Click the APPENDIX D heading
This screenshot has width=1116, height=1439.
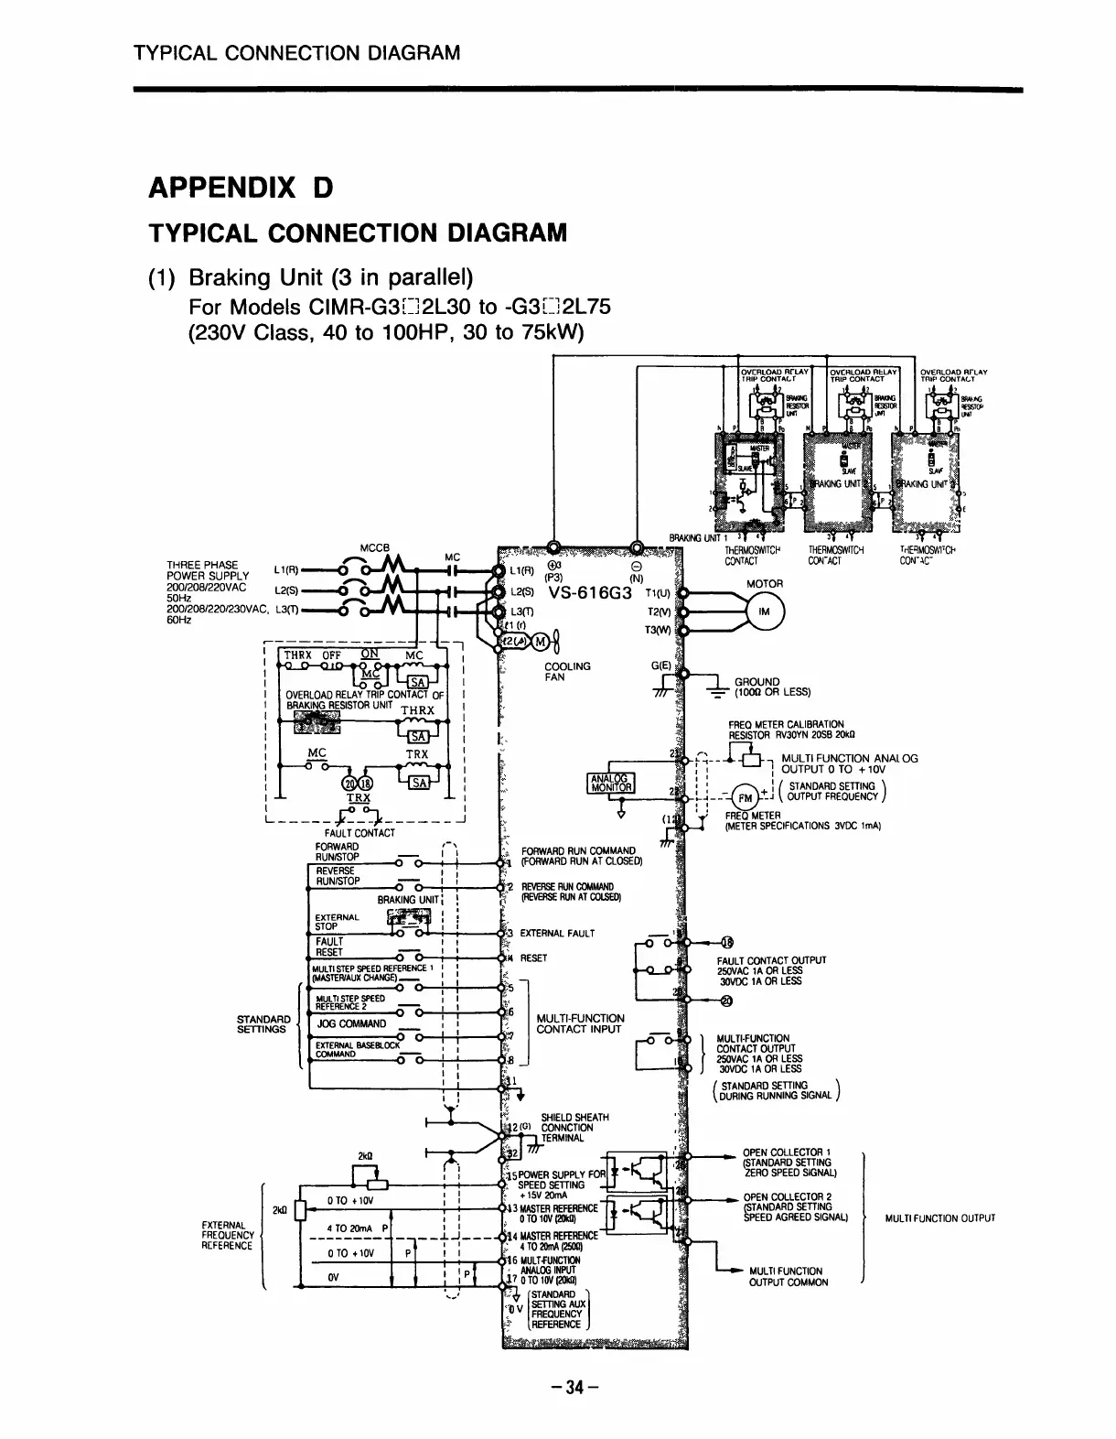tap(240, 189)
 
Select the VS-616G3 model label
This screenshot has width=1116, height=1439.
tap(591, 592)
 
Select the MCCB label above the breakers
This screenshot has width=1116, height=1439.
tap(375, 549)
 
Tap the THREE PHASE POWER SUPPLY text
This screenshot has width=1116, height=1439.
tap(203, 569)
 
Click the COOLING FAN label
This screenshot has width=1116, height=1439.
tap(567, 671)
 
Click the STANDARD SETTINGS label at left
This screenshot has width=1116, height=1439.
tap(263, 1023)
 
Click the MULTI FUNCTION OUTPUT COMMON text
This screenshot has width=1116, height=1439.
tap(788, 1276)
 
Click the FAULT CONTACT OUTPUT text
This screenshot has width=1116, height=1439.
tap(771, 960)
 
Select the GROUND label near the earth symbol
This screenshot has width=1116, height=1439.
tap(757, 681)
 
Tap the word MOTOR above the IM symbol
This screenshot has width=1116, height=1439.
tap(765, 583)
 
